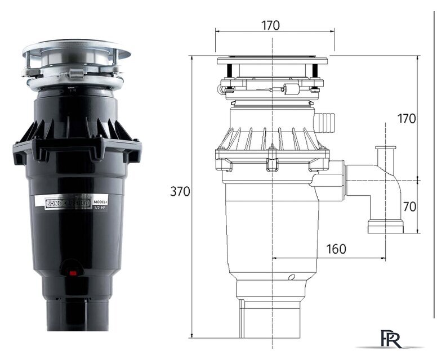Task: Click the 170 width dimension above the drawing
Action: click(x=270, y=25)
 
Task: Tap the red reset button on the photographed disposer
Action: click(x=73, y=274)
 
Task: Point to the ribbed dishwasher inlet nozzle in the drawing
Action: click(x=325, y=119)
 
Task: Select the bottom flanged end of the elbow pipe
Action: click(x=386, y=228)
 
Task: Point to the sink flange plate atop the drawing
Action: click(x=272, y=60)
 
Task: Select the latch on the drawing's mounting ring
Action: click(x=292, y=89)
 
